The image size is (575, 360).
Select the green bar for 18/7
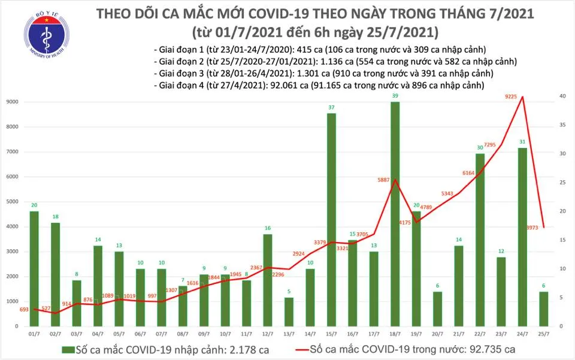(395, 214)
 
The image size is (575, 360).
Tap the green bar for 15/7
(331, 219)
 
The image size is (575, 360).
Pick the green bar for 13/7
(289, 311)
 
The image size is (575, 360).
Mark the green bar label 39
(395, 96)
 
